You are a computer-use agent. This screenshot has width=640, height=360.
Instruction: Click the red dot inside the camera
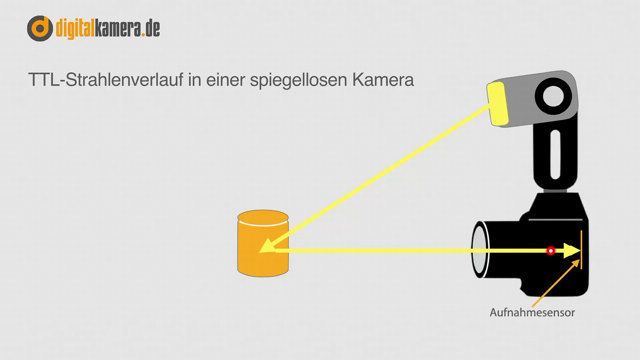(x=551, y=251)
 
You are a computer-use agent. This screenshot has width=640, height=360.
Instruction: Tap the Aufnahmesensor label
(x=532, y=312)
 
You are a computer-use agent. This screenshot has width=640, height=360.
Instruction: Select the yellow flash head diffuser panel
(x=497, y=104)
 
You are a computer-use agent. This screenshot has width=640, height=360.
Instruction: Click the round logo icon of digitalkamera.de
(x=40, y=28)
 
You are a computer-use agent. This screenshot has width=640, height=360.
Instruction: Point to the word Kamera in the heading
(x=383, y=80)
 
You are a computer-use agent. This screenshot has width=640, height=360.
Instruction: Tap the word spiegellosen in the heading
(x=299, y=80)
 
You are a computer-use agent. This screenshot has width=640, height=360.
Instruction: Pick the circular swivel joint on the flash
(x=553, y=96)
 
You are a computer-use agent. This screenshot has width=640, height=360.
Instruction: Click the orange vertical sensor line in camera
(x=581, y=250)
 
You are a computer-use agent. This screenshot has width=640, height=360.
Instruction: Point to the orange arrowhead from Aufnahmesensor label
(x=576, y=263)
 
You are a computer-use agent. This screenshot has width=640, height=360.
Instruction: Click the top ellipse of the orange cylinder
(x=263, y=218)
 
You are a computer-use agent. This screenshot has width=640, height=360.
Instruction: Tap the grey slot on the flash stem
(x=555, y=155)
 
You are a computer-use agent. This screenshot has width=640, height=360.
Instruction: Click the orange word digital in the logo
(x=76, y=29)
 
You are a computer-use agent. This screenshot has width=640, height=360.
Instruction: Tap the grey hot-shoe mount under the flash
(x=555, y=191)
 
